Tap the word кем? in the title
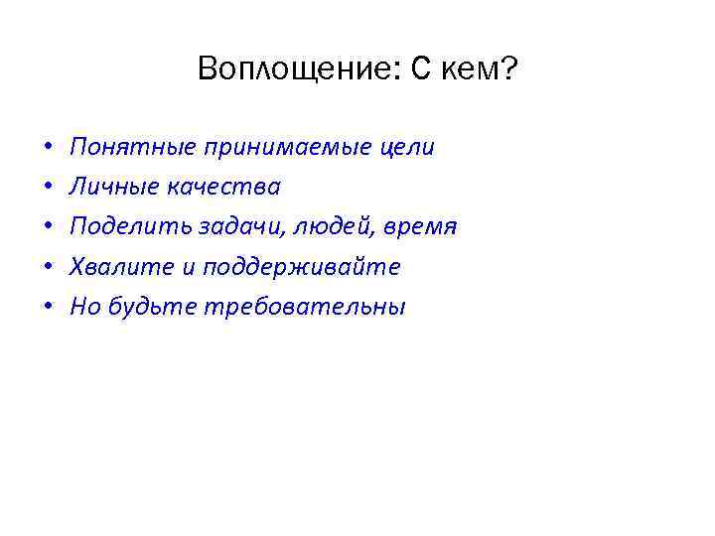point(482,69)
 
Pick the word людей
point(331,226)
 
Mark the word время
point(418,226)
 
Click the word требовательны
point(304,307)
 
